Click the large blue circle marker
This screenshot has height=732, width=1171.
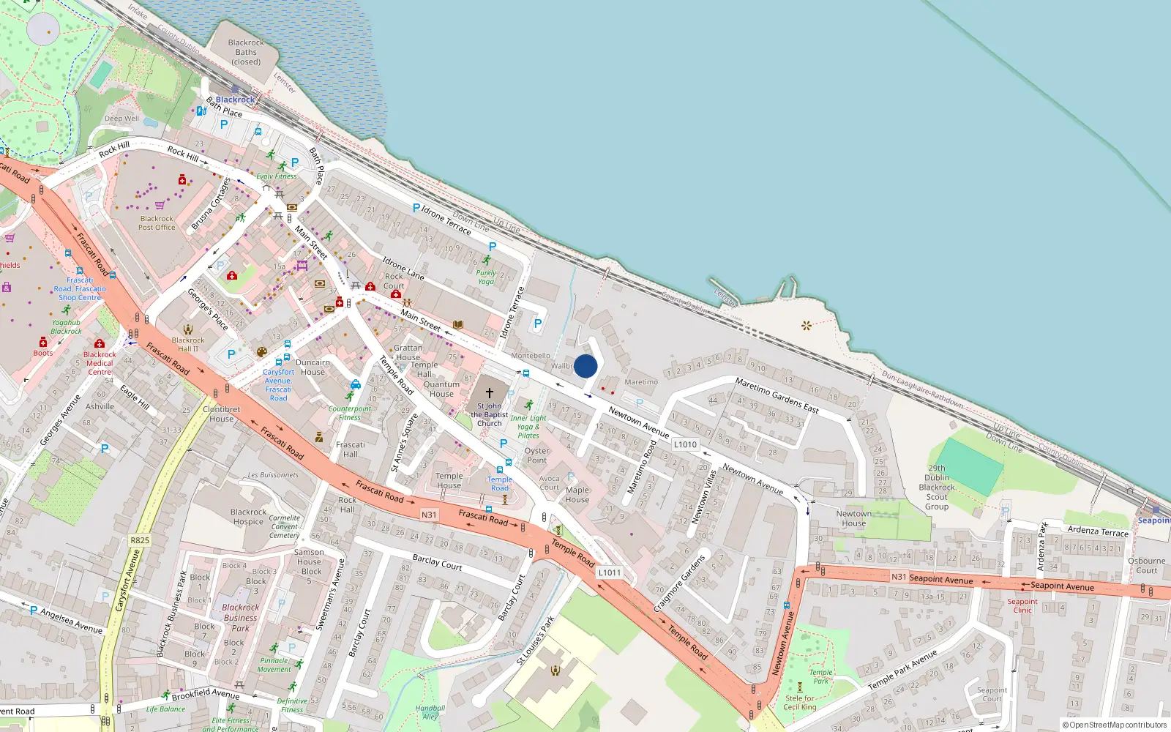tap(585, 366)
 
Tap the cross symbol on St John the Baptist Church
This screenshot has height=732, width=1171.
tap(490, 393)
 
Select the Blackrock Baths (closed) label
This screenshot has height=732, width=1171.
tap(246, 52)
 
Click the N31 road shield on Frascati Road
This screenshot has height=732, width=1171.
tap(429, 515)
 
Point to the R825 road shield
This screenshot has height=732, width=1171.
tap(140, 540)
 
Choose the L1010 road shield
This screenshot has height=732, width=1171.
tap(685, 444)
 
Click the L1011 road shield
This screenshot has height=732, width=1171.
tap(609, 572)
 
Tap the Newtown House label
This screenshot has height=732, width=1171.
tap(853, 518)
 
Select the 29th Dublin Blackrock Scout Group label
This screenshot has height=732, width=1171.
tap(937, 488)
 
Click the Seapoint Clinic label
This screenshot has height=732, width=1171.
tap(1022, 606)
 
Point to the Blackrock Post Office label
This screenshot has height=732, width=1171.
tap(157, 223)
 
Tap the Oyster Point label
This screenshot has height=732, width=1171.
tap(536, 455)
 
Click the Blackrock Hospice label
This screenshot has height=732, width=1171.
tap(248, 517)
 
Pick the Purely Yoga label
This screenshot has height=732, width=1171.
tap(486, 277)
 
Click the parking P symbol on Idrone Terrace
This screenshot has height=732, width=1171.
tap(416, 209)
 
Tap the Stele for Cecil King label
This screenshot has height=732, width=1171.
tap(800, 703)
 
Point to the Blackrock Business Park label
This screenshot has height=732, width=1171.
tap(240, 617)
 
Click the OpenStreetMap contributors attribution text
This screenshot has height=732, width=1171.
tap(1115, 725)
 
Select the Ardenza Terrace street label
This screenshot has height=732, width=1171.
tap(1098, 531)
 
